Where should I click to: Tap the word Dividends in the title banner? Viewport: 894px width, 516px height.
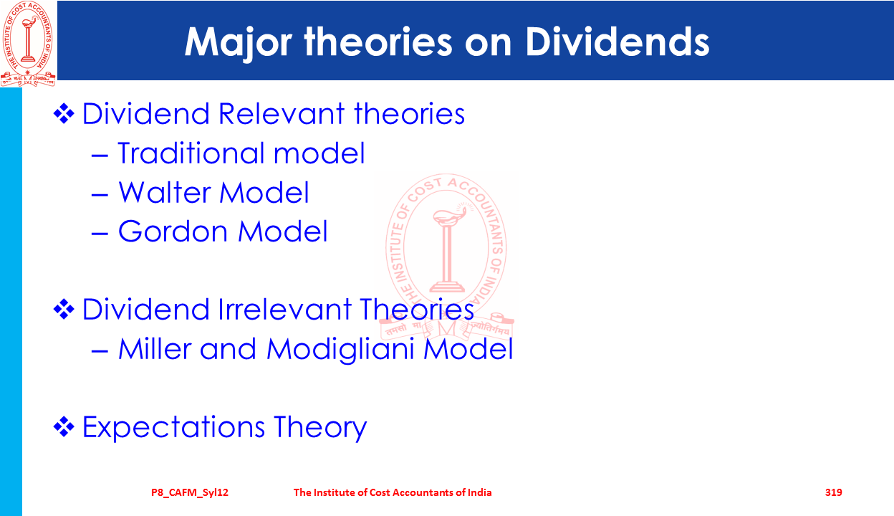tap(617, 42)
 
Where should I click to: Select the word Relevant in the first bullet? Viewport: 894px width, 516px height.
tap(282, 113)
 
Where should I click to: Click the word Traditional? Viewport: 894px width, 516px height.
tap(191, 153)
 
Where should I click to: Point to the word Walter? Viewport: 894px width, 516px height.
tap(165, 192)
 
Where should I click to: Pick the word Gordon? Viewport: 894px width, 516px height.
tap(173, 231)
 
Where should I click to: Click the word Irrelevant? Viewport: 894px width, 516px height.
tap(284, 309)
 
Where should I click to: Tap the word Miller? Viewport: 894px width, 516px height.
tap(155, 348)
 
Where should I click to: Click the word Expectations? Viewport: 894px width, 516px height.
tap(173, 427)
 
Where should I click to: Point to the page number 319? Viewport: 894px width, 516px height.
tap(833, 492)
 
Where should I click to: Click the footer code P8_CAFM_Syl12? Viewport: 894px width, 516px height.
tap(190, 493)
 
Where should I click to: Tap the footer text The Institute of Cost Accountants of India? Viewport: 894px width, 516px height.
tap(393, 492)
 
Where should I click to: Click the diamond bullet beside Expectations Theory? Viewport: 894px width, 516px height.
tap(64, 426)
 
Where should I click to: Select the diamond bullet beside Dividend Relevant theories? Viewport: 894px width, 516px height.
tap(64, 113)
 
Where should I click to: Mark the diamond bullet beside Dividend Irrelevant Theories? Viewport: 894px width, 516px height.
tap(64, 309)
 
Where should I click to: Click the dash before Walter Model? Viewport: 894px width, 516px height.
tap(100, 195)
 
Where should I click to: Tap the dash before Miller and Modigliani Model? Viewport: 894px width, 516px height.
tap(100, 351)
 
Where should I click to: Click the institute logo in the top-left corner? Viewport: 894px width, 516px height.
tap(28, 44)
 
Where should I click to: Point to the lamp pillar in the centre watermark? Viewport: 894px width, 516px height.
tap(448, 252)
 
